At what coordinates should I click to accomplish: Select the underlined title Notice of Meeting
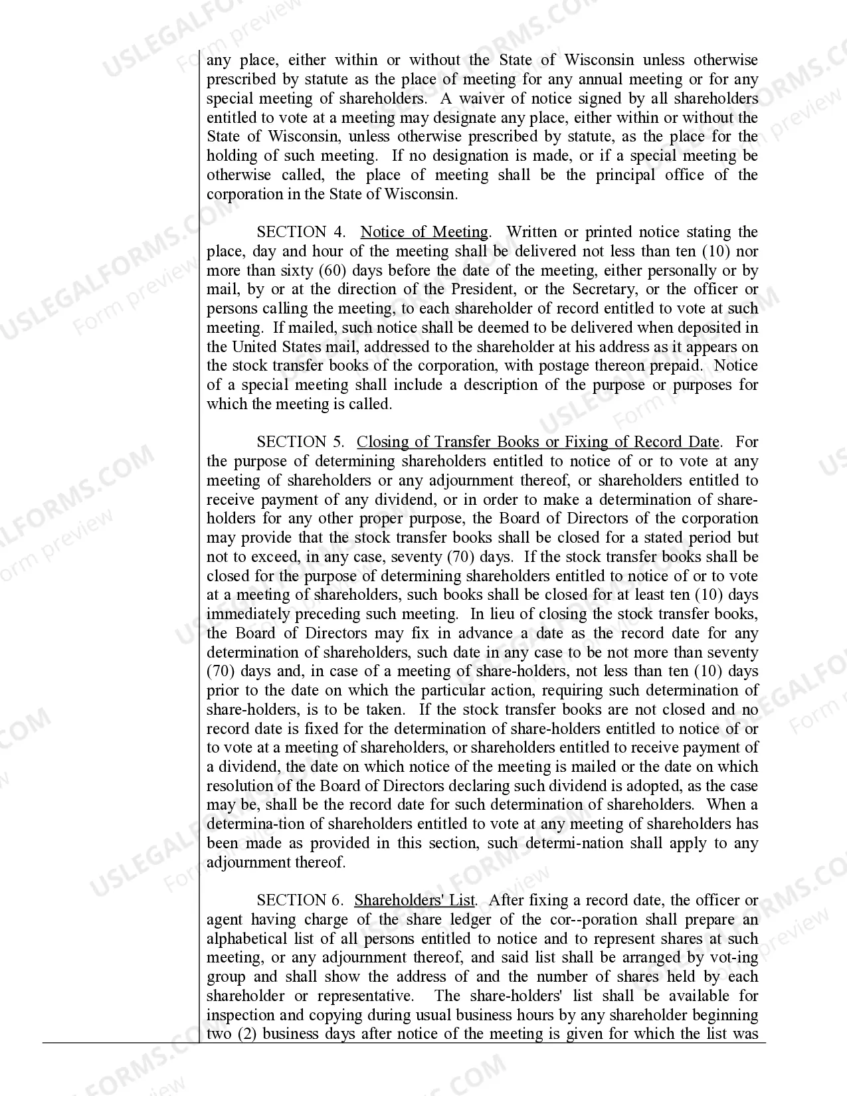pos(424,232)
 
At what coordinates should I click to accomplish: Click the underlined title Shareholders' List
pos(415,900)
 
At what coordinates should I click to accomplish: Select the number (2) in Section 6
pos(247,1034)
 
